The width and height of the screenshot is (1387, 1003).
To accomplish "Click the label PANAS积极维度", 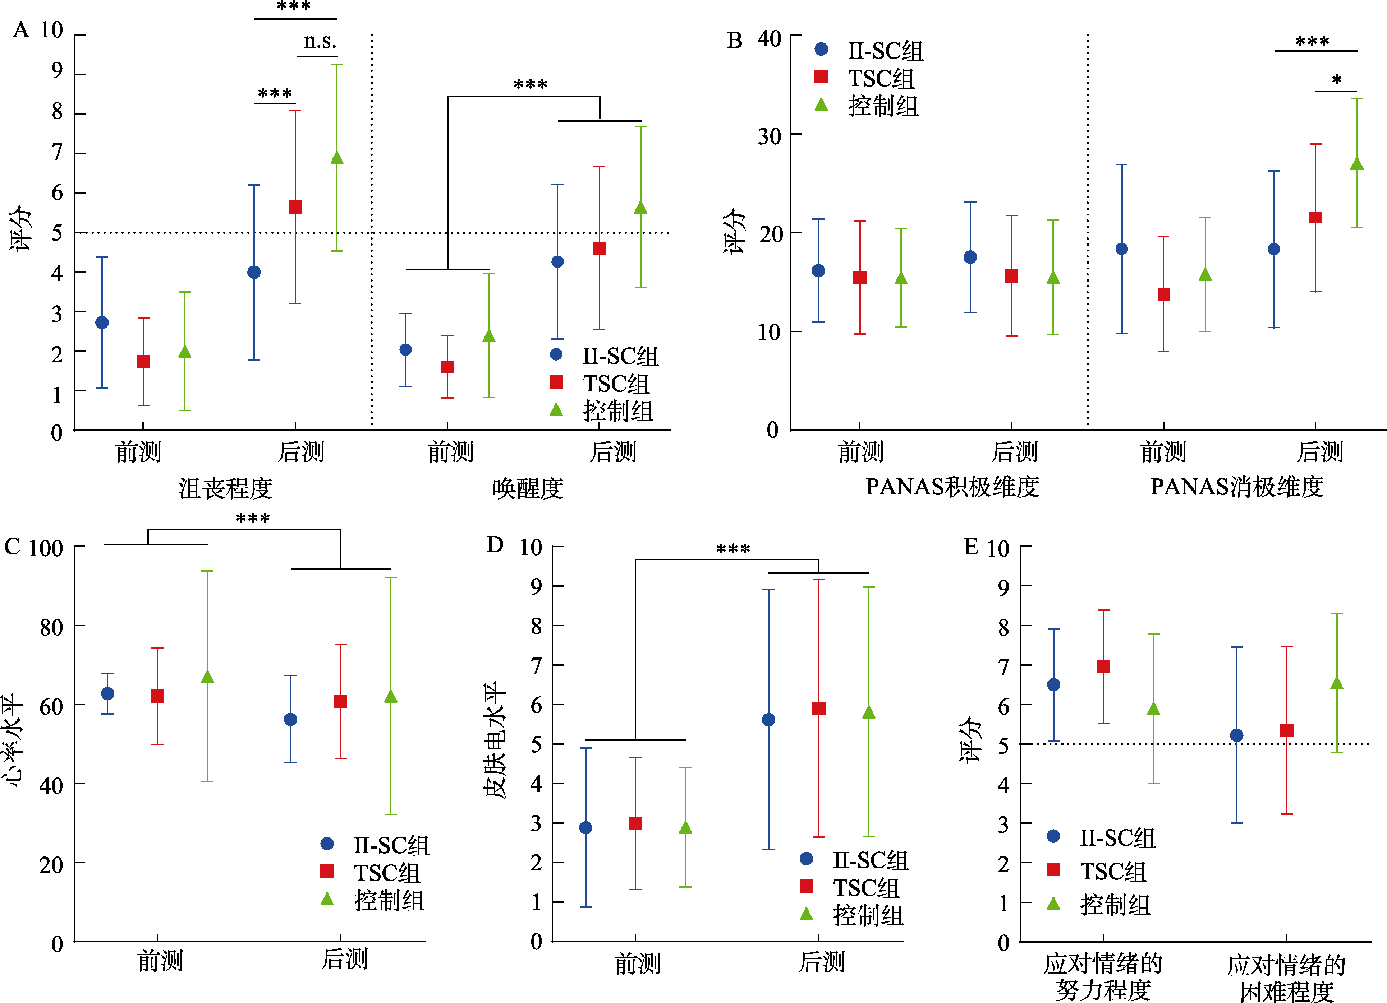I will point(952,487).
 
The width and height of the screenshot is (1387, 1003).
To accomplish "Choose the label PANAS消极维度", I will point(1236,487).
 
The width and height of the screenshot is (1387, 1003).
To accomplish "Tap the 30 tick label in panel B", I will point(769,136).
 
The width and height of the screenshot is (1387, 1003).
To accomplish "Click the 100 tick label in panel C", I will point(46,548).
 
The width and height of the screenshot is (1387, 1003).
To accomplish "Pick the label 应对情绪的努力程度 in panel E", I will point(1103,976).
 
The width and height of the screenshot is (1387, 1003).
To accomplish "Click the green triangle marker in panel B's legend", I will point(821,105).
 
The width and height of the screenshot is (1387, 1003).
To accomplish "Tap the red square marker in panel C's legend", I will point(327,871).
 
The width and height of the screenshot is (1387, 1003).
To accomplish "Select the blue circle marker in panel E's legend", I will point(1053,836).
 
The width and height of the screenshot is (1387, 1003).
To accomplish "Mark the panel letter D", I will point(495,544).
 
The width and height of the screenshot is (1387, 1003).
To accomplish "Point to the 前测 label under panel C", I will point(160,960).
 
